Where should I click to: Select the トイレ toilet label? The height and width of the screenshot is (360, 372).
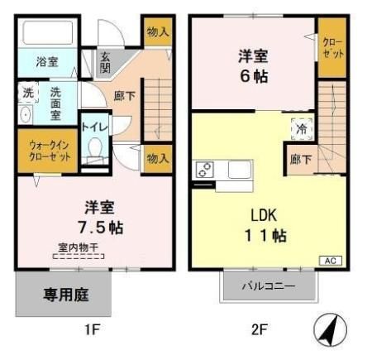[93, 127]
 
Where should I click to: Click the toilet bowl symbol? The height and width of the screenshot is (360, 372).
[95, 152]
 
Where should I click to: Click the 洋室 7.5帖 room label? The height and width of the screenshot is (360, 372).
[98, 216]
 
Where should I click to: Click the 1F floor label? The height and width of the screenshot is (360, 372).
[92, 330]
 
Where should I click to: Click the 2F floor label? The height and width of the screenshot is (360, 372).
[259, 330]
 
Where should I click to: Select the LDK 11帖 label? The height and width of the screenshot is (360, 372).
[269, 223]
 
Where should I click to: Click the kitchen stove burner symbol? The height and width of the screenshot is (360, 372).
[205, 170]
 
